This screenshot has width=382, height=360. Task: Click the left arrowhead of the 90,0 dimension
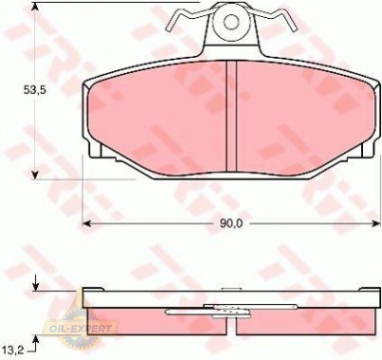point(88,223)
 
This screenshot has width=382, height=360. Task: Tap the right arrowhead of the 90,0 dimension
point(375,223)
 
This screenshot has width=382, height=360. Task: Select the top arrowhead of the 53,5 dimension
point(36,11)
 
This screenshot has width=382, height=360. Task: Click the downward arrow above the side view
point(36,283)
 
